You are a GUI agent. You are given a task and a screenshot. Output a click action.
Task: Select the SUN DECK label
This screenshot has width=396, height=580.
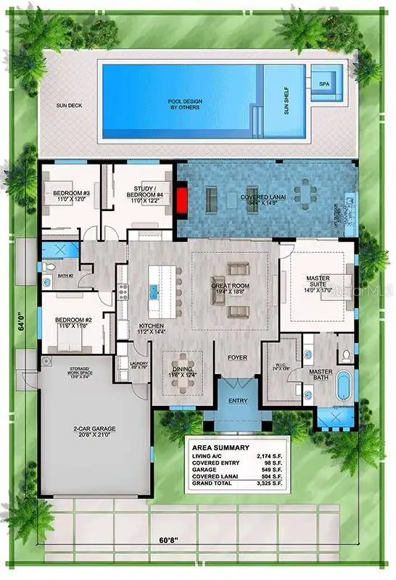(70, 105)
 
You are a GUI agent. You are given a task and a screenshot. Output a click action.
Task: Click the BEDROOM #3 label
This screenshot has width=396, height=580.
(70, 194)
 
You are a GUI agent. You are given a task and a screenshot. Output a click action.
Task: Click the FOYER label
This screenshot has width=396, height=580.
(238, 357)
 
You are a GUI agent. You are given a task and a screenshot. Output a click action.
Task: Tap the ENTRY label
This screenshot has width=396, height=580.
(237, 401)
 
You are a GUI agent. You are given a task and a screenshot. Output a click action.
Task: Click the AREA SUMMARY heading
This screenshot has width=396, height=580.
(220, 447)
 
